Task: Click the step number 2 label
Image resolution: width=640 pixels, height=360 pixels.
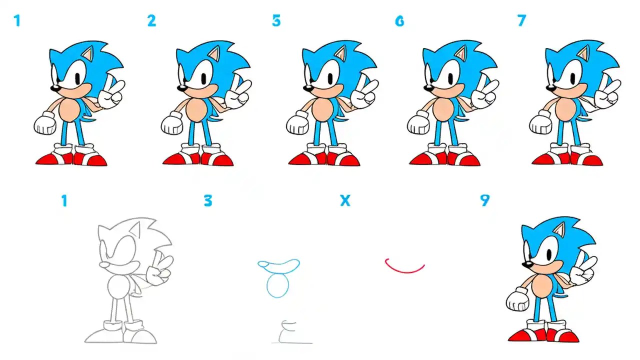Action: tap(151, 20)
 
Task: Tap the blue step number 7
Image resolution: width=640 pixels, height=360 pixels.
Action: tap(521, 20)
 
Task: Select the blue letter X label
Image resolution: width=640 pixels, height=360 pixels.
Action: tap(344, 200)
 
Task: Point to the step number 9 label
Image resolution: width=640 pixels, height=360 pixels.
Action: tap(484, 200)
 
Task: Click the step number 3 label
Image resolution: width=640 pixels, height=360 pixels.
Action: tap(208, 200)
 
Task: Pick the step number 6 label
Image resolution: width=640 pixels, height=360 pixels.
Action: tap(399, 21)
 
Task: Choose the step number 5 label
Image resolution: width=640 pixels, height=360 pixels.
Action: tap(276, 21)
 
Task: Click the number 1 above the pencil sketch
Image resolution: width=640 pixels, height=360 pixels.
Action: tap(64, 200)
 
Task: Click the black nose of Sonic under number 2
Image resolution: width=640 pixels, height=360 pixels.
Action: tap(182, 88)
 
